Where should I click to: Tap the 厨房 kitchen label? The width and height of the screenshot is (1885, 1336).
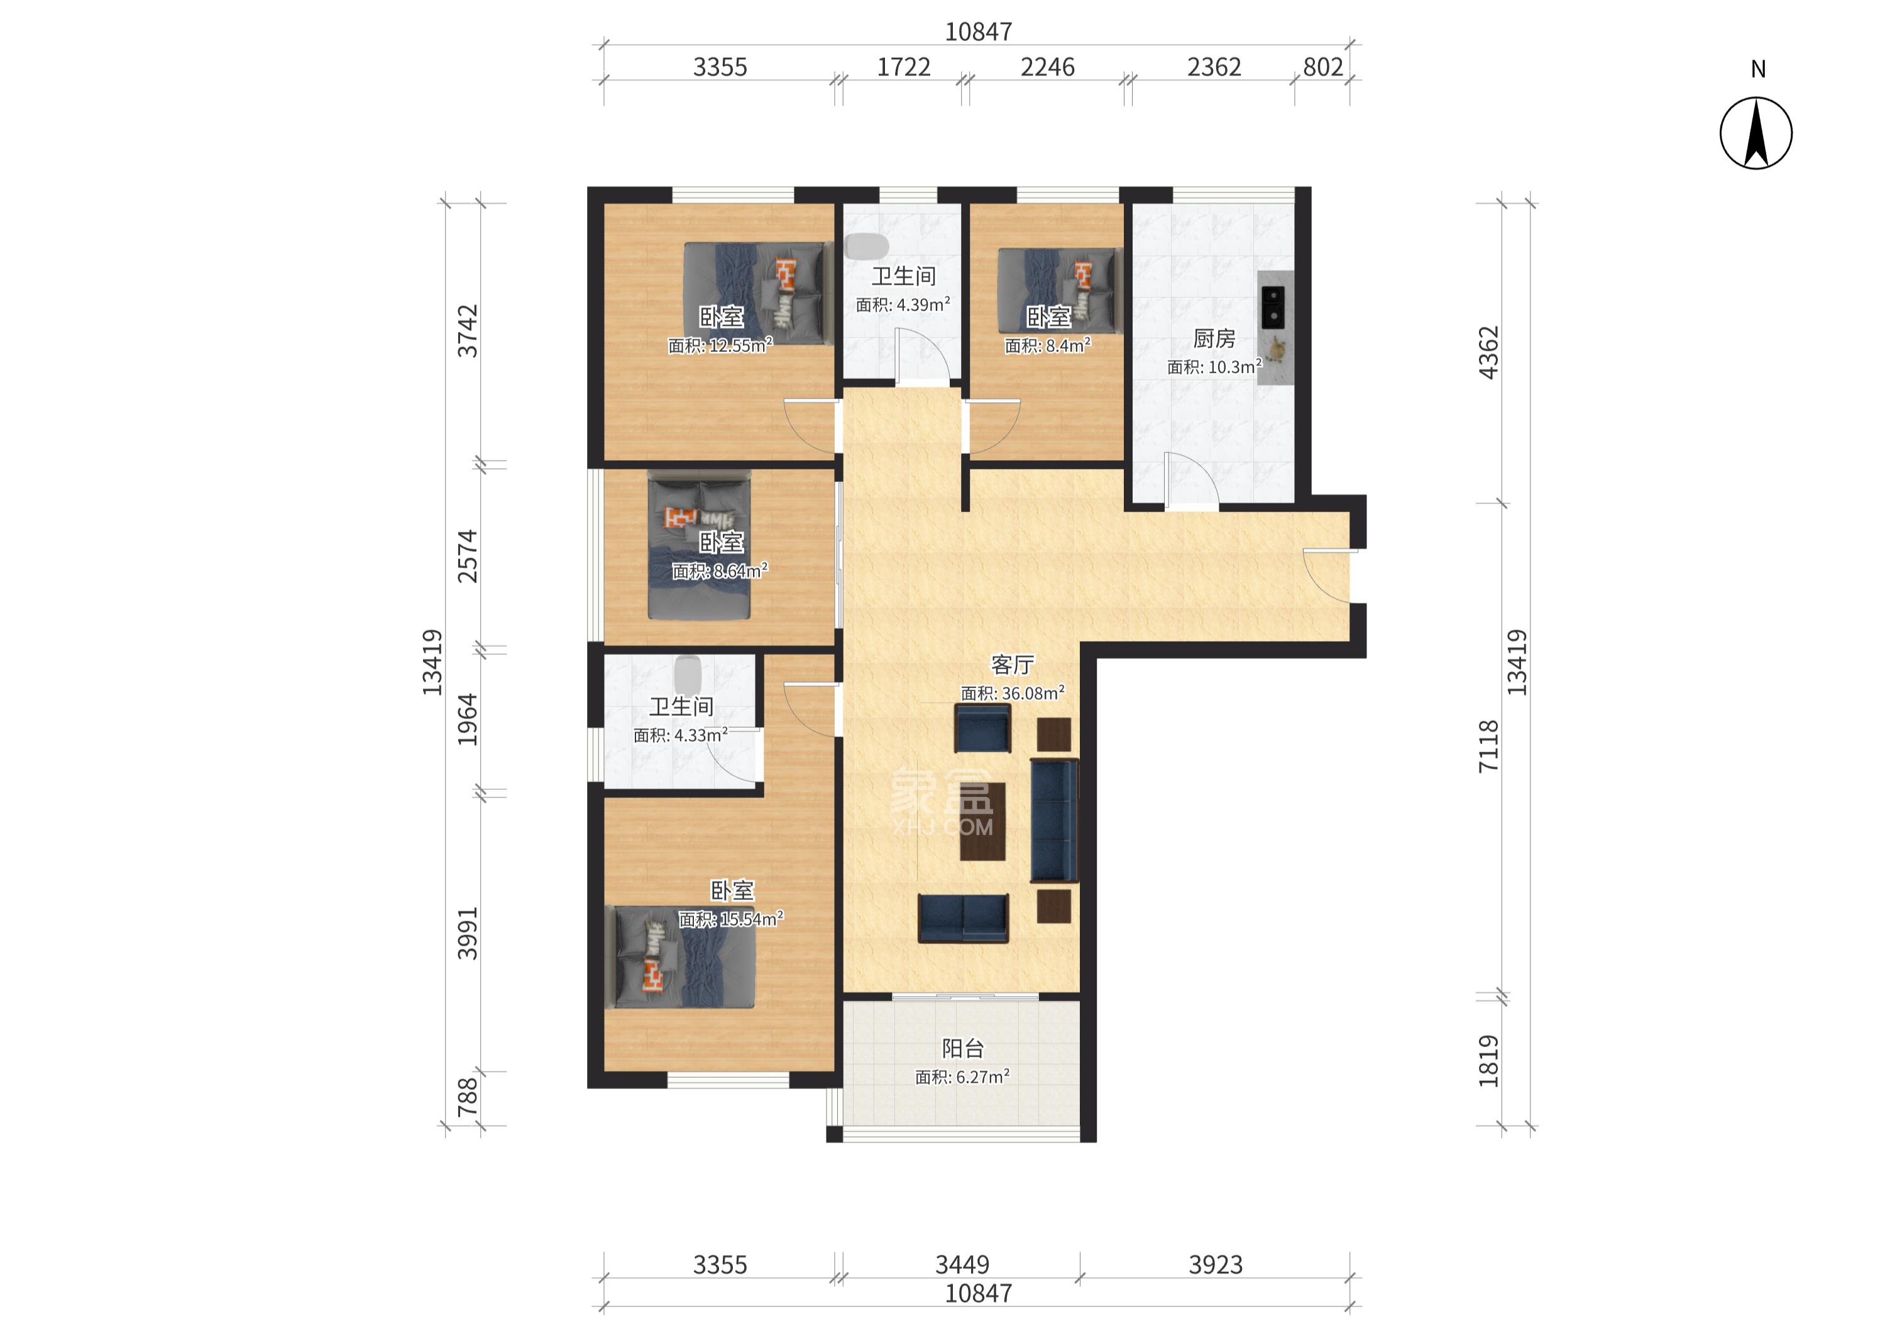[x=1214, y=338]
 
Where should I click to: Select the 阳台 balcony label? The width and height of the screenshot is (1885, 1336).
[x=963, y=1048]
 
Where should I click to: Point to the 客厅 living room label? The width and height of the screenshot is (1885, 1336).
[x=1012, y=664]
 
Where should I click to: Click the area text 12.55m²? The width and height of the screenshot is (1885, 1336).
[x=740, y=346]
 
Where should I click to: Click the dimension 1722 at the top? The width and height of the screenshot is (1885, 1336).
[x=903, y=67]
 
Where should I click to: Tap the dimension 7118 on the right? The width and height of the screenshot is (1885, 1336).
[x=1489, y=745]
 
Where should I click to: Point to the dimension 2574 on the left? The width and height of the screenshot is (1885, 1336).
[x=468, y=556]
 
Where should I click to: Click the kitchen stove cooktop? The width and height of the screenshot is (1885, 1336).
[x=1272, y=307]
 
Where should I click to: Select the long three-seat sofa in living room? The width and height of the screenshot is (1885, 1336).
[x=1054, y=820]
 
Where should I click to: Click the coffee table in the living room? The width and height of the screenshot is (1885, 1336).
[x=982, y=821]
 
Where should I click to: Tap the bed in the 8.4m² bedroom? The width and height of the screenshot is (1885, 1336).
[x=1060, y=290]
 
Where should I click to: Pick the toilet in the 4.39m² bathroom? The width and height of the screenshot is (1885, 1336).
[x=866, y=246]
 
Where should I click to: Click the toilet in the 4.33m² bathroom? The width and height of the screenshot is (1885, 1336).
[x=688, y=674]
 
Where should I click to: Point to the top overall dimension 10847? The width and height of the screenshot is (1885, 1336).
[x=978, y=31]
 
